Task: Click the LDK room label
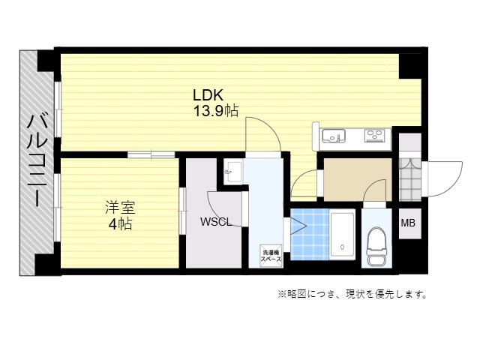point(208,95)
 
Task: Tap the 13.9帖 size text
point(216,110)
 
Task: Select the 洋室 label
point(120,207)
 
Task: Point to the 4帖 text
point(120,224)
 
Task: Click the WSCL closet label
point(215,222)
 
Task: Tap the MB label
point(408,223)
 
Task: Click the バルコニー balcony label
point(37,160)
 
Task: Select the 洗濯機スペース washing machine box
point(271,256)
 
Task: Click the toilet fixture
point(376,247)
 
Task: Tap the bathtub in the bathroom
point(342,235)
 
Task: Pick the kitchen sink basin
point(333,136)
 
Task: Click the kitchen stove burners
point(374,136)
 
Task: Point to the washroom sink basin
point(233,172)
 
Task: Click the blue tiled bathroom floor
point(310,235)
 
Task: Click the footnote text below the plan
point(352,295)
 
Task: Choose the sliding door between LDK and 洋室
point(151,154)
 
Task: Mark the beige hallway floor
point(358,180)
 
